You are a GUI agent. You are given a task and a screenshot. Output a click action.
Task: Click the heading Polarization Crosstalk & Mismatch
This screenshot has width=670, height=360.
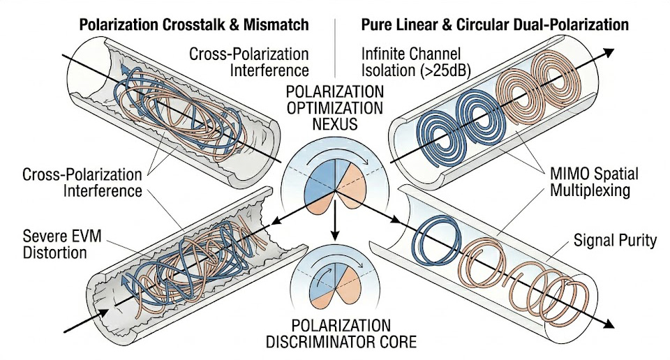[x=193, y=25]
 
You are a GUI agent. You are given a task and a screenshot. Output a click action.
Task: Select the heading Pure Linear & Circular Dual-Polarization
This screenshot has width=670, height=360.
[x=495, y=25]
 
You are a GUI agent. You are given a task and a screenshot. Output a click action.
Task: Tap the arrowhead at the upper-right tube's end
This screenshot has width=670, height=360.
[x=610, y=52]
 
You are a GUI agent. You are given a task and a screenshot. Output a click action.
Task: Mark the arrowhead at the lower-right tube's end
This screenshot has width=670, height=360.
[x=609, y=324]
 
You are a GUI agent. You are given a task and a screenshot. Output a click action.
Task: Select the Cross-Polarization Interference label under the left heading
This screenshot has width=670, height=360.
[x=249, y=61]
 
